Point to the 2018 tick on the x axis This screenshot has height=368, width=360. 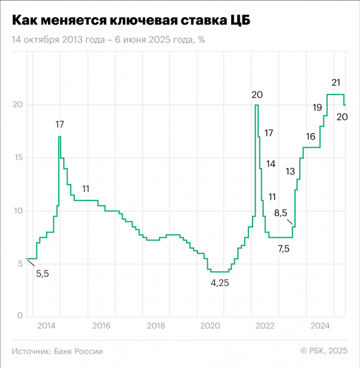(156, 325)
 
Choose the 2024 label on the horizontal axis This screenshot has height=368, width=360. (320, 325)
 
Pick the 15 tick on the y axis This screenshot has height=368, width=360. (18, 158)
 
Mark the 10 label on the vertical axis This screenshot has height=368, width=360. (18, 210)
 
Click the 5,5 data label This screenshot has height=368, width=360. (42, 274)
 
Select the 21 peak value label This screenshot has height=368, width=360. (335, 82)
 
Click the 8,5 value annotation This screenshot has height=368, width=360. (280, 213)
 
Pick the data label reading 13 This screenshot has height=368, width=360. (290, 171)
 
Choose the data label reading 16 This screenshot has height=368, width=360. (310, 136)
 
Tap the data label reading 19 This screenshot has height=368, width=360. (317, 107)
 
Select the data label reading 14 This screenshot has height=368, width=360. (270, 164)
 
